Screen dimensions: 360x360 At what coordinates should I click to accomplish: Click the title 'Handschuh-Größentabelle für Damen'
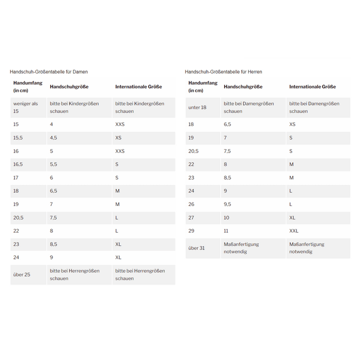click(48, 72)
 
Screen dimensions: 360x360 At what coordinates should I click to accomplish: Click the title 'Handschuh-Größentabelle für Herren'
click(223, 72)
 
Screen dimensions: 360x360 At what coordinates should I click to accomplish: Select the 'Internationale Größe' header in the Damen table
click(138, 87)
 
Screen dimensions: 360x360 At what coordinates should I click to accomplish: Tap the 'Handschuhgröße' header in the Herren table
click(243, 87)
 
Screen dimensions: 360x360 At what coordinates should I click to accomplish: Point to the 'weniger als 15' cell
click(25, 107)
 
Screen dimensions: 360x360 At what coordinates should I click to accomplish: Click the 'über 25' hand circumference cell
click(22, 274)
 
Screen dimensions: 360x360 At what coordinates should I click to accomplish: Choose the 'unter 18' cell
click(197, 107)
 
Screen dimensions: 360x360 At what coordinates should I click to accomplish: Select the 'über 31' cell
click(196, 248)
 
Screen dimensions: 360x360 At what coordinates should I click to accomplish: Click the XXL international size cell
click(294, 231)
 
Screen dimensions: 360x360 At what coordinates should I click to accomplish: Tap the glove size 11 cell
click(226, 231)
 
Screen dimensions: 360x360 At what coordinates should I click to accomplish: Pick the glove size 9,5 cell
click(227, 204)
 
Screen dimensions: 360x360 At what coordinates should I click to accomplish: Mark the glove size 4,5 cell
click(53, 137)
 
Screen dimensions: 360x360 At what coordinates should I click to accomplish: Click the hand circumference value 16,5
click(18, 164)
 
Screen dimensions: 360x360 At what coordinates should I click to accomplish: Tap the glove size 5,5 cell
click(53, 164)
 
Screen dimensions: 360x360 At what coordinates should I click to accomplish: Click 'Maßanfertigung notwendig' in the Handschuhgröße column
click(241, 248)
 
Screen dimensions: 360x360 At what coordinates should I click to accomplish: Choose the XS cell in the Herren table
click(292, 124)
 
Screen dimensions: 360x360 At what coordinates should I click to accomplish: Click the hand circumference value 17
click(16, 177)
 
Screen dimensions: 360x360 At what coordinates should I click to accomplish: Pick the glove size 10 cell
click(226, 217)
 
